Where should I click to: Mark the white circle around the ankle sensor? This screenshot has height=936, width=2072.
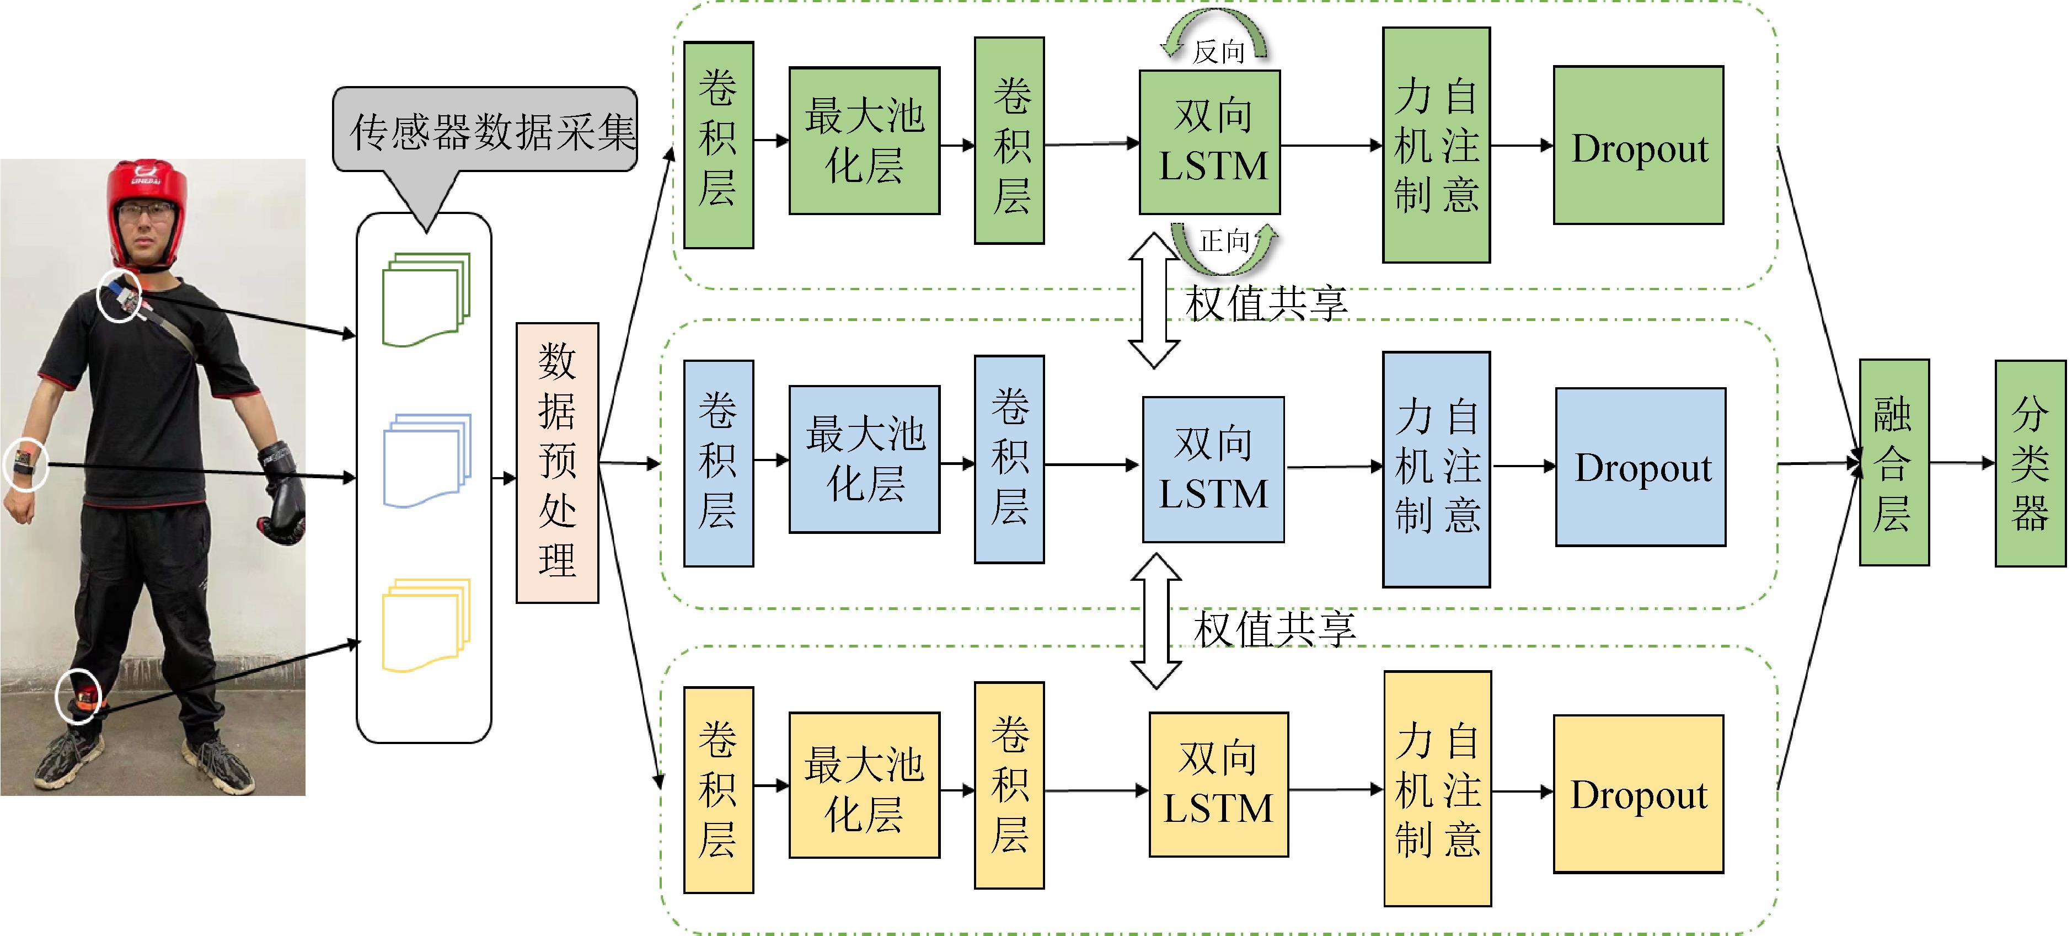click(x=79, y=697)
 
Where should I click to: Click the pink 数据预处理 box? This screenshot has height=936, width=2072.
click(x=556, y=462)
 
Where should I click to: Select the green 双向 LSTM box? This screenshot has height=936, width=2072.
click(x=1209, y=142)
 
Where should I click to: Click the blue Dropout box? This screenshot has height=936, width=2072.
click(x=1640, y=467)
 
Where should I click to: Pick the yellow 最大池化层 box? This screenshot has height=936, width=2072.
click(x=864, y=785)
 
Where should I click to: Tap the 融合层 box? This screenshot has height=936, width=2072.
click(x=1893, y=462)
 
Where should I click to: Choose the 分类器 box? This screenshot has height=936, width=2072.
click(x=2030, y=462)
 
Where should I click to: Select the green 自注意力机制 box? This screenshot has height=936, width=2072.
click(x=1436, y=145)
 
